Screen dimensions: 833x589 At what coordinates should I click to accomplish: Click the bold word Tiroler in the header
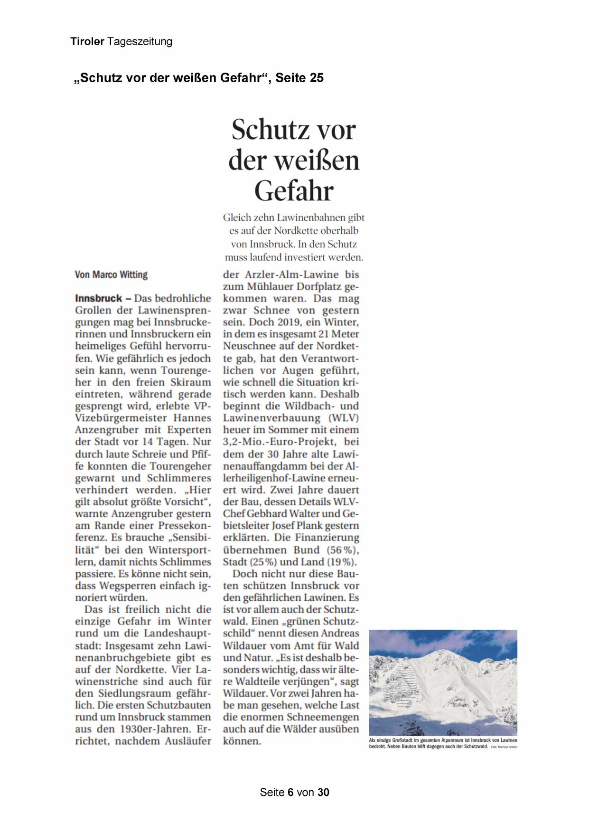click(87, 42)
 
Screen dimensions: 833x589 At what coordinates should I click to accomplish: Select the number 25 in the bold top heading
click(317, 78)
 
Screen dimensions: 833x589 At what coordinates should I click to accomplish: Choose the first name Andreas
click(340, 634)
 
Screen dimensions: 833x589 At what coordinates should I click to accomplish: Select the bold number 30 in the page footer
click(323, 793)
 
